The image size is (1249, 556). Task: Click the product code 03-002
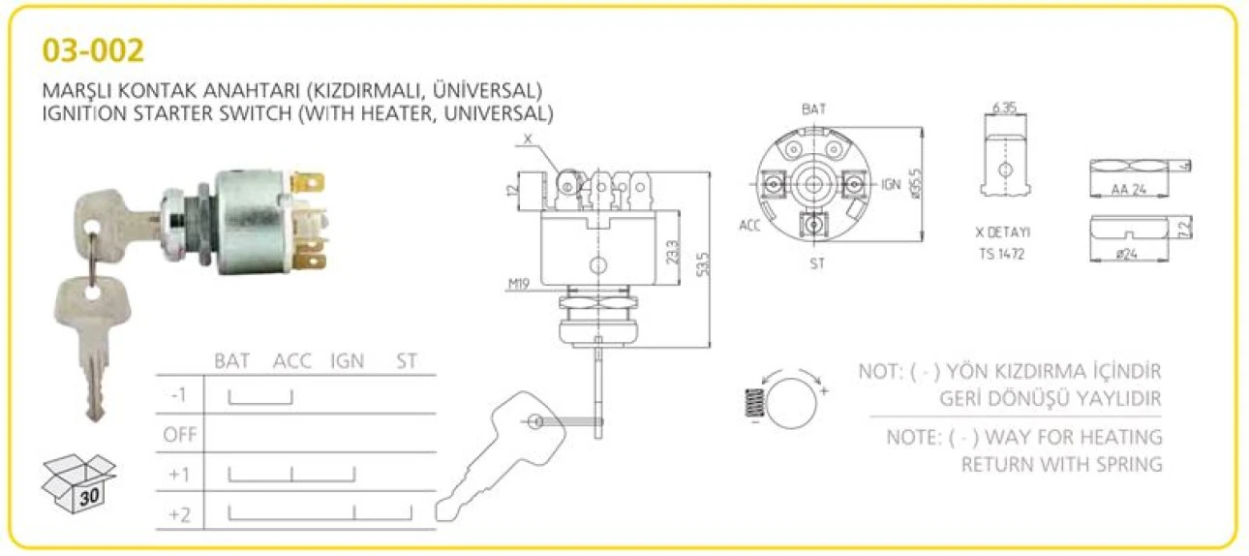pos(94,50)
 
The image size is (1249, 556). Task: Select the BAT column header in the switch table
pos(232,361)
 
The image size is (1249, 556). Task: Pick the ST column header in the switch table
pos(407,361)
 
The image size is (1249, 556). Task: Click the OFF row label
pos(180,434)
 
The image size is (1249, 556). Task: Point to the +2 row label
pos(179,514)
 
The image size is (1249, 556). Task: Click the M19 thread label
pos(521,285)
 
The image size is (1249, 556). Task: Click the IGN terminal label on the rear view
pos(892,183)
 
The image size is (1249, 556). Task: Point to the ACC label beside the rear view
pos(749,225)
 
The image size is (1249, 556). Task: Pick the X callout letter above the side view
pos(528,139)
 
